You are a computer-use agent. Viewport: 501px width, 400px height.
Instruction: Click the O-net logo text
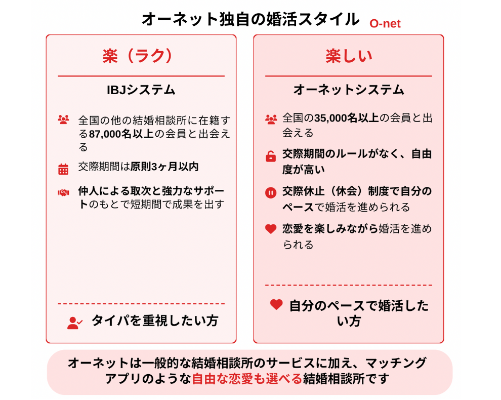(385, 24)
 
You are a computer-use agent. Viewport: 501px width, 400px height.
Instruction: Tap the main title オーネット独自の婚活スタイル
(251, 19)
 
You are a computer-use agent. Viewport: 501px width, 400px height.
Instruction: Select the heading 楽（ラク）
(138, 56)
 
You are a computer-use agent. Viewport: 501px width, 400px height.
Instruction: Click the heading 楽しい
(349, 56)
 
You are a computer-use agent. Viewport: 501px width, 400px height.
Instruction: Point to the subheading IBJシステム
(141, 90)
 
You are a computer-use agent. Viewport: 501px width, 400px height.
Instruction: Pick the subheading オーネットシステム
(349, 90)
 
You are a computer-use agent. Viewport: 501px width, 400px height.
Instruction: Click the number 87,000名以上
(121, 134)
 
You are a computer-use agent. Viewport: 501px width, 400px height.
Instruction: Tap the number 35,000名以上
(346, 118)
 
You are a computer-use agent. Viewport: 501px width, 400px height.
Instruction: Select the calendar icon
(63, 169)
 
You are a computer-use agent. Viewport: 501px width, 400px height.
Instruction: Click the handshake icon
(63, 192)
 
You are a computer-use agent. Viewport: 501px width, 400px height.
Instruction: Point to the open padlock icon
(271, 156)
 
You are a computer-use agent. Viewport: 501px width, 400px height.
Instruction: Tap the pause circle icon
(271, 193)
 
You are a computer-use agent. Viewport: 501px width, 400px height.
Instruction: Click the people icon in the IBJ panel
(63, 119)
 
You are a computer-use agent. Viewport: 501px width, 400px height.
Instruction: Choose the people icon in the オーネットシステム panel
(271, 119)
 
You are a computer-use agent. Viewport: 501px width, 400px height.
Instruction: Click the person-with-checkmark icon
(75, 323)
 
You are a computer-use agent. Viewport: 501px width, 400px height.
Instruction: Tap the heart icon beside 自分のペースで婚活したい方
(276, 304)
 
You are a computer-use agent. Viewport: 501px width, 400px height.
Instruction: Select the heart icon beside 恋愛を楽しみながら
(271, 229)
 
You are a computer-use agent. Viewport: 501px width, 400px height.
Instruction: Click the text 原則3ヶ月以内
(164, 167)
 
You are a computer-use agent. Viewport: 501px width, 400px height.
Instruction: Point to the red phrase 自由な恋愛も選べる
(247, 379)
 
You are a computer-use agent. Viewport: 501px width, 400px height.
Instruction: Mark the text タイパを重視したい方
(155, 321)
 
